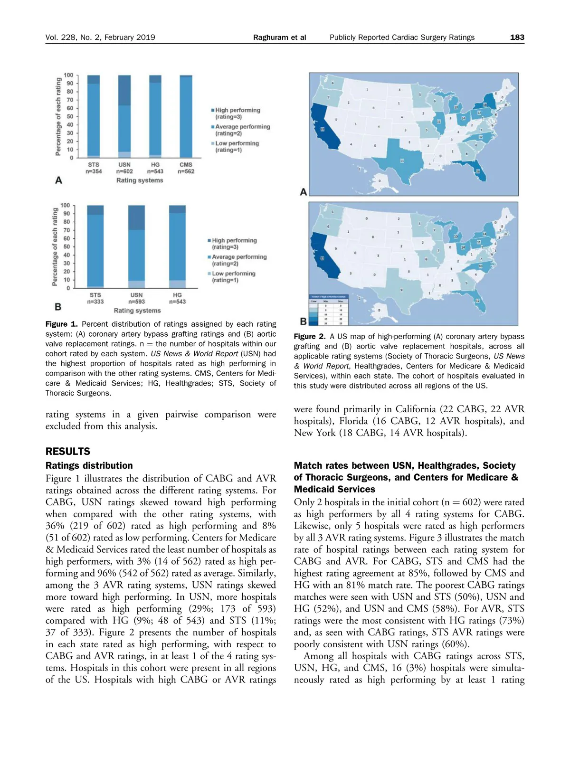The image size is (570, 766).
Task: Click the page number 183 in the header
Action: [x=517, y=38]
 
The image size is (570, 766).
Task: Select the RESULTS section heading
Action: [x=68, y=452]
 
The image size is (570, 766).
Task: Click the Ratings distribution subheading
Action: [x=89, y=466]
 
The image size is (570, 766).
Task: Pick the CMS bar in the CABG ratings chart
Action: [x=186, y=116]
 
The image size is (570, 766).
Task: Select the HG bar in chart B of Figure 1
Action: [x=177, y=247]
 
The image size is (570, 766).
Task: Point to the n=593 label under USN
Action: [x=136, y=302]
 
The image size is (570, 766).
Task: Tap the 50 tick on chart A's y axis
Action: [x=70, y=116]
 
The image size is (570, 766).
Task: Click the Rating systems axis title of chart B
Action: [x=137, y=311]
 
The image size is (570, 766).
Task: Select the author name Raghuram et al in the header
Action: [x=279, y=38]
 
